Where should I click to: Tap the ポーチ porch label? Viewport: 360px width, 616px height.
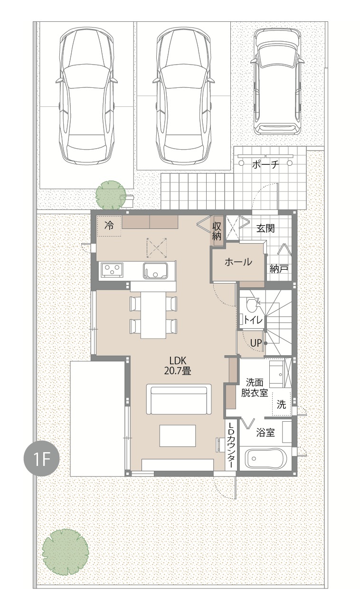coord(265,164)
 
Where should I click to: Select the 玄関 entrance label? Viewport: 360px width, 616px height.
coord(265,228)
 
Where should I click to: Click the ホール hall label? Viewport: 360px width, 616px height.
coord(238,262)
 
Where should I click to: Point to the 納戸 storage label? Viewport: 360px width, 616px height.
coord(279,269)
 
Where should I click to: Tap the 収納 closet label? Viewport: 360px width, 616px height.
coord(217,231)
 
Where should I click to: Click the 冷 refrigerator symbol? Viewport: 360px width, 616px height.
coord(109,226)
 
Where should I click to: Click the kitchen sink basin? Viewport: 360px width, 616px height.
coord(155,270)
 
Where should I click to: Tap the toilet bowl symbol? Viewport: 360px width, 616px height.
coord(252,304)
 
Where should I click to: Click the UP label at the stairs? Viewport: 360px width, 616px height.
coord(256,343)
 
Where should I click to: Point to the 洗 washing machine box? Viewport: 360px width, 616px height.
coord(281,405)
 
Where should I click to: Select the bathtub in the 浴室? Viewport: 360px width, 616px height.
coord(265,458)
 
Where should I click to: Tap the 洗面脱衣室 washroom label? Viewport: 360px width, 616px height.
coord(255,388)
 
